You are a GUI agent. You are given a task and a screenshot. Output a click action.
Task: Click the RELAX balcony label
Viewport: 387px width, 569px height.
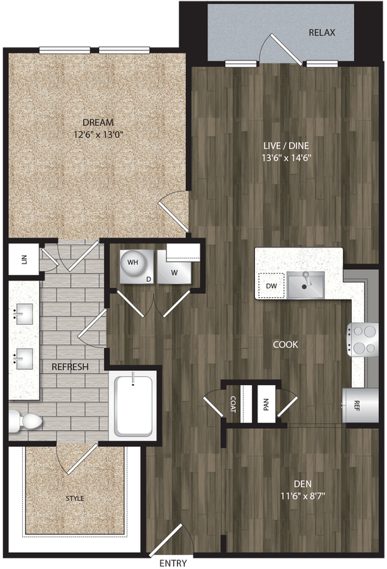point(322,32)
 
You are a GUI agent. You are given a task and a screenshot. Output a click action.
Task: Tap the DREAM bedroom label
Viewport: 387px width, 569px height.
point(98,122)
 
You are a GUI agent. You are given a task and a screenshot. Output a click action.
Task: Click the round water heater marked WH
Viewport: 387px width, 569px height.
point(132,264)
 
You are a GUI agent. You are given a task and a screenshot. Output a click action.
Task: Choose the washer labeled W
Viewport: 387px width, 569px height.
point(174,272)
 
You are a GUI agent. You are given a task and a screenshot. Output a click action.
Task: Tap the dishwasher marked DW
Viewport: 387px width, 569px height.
point(271,285)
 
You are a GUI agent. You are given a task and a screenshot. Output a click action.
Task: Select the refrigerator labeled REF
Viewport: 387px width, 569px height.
point(357,405)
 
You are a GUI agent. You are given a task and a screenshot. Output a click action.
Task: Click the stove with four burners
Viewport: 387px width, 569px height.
point(363,339)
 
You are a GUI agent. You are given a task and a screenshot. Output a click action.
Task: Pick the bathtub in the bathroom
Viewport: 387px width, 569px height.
point(134,405)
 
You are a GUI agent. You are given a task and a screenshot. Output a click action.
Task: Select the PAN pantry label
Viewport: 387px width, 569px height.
point(266,405)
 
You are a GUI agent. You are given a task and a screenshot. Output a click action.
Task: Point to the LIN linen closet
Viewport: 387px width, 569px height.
point(24,260)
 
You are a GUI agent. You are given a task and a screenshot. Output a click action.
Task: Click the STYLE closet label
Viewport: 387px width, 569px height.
point(75,498)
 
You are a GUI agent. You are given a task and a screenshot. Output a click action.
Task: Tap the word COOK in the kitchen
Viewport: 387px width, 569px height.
point(285,345)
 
